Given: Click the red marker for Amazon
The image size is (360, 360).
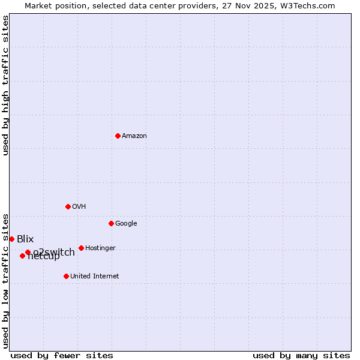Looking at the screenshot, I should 118,136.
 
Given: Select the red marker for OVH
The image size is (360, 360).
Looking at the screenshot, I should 68,206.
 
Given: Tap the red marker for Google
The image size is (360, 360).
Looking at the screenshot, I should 111,223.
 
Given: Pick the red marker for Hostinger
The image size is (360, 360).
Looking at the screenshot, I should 81,248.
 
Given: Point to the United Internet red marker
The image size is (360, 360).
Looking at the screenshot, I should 66,276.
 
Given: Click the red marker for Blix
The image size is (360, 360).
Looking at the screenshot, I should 11,239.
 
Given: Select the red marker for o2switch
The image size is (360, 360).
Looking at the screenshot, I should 28,252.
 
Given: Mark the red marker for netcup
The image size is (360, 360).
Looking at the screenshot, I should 22,256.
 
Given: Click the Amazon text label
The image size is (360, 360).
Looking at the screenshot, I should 134,136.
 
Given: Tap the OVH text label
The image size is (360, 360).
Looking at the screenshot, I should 79,207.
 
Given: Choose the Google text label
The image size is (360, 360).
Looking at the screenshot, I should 126,224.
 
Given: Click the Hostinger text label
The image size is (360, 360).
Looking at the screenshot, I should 100,248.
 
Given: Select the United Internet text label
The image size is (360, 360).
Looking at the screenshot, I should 95,277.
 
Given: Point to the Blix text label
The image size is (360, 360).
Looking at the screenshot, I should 25,239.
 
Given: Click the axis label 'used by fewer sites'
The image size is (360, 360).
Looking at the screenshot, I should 62,355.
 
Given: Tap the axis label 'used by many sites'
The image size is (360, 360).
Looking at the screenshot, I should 301,355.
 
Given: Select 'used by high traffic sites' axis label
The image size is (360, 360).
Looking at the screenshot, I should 5,85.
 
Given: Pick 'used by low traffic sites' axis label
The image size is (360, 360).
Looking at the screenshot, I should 5,280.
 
